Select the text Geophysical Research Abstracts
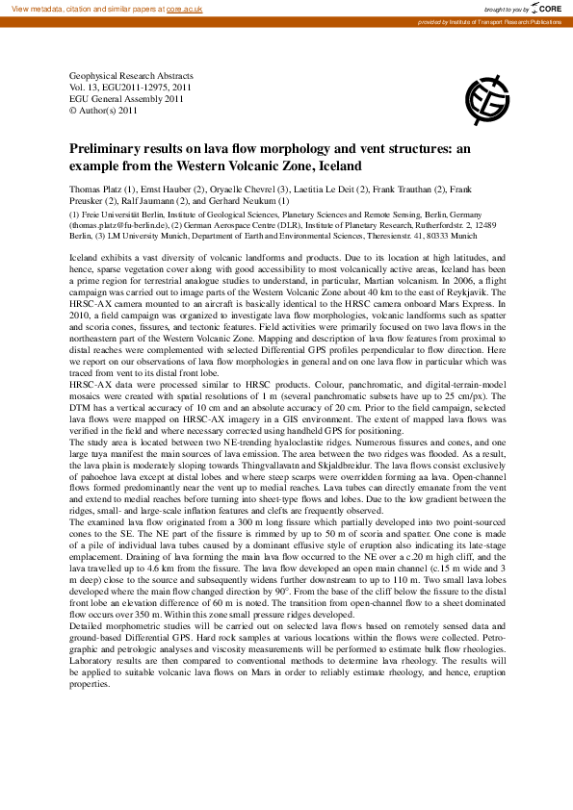pos(131,75)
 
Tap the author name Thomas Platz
pos(95,190)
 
